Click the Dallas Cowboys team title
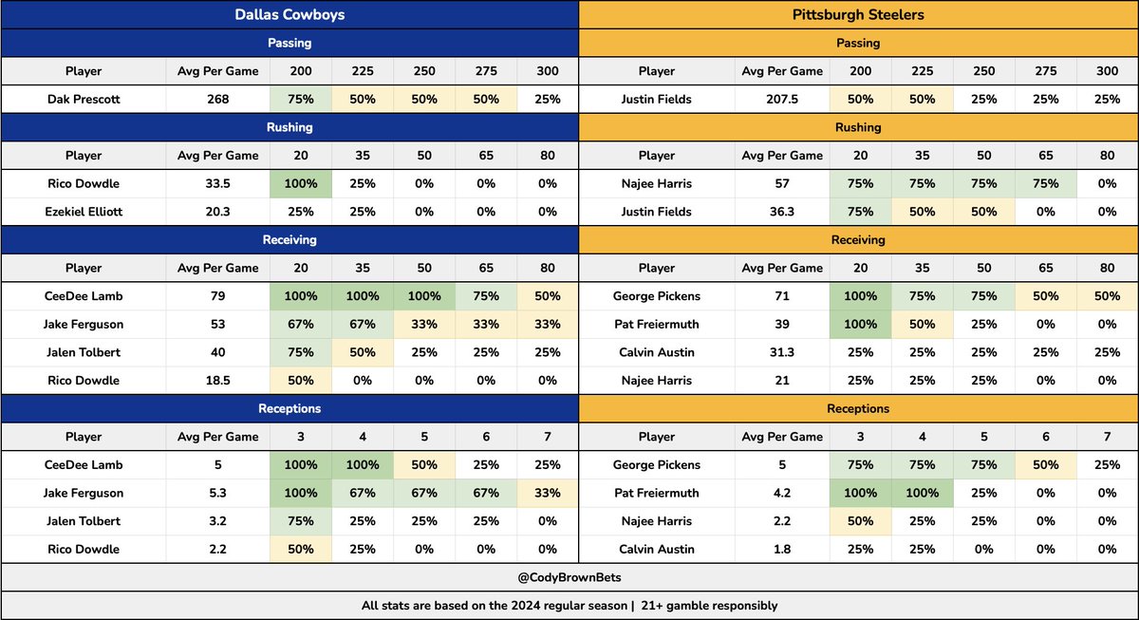[x=289, y=14]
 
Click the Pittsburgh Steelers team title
[x=858, y=14]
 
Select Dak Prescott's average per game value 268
[x=218, y=99]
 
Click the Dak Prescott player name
[x=84, y=99]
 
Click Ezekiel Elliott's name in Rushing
[x=84, y=212]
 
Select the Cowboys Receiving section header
[x=289, y=240]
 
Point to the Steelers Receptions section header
[x=858, y=408]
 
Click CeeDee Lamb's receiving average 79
[x=218, y=296]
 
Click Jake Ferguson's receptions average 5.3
[x=218, y=493]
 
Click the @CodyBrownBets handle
[x=569, y=577]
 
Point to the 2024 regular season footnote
[x=569, y=606]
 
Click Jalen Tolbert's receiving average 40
[x=218, y=352]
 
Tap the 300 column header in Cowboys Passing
[x=548, y=71]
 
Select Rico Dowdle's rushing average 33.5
[x=218, y=183]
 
